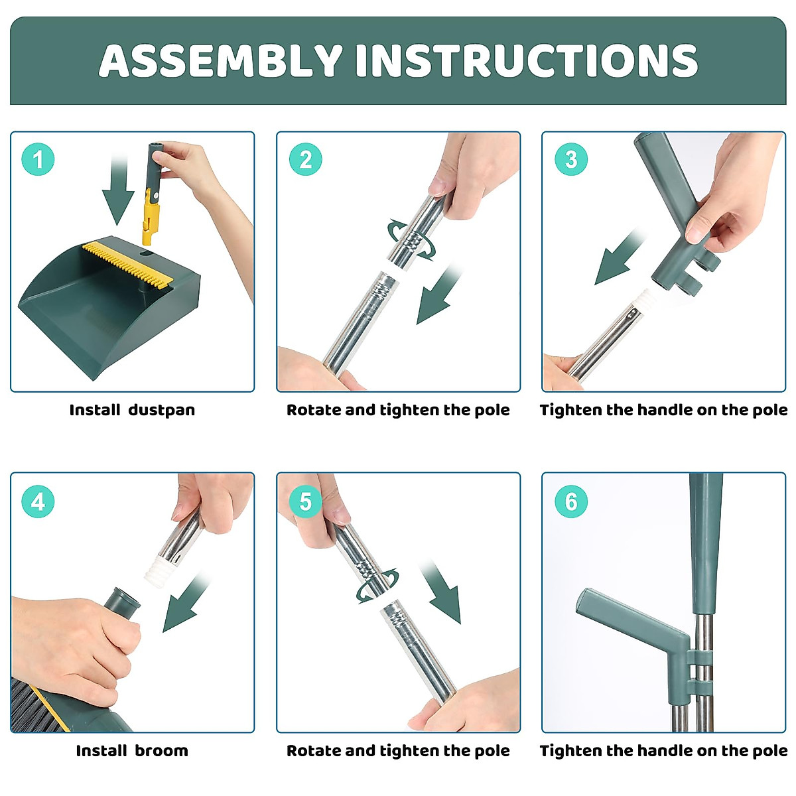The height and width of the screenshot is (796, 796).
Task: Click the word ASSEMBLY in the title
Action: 221,60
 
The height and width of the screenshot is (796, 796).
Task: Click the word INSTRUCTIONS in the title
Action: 527,60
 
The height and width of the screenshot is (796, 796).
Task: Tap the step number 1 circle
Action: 38,159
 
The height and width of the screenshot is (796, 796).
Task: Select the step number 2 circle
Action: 305,159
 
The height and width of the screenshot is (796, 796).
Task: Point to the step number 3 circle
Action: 571,159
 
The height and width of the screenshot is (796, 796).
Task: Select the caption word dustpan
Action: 161,410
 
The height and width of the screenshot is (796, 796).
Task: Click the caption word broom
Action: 161,750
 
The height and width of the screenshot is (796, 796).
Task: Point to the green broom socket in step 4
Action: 122,603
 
